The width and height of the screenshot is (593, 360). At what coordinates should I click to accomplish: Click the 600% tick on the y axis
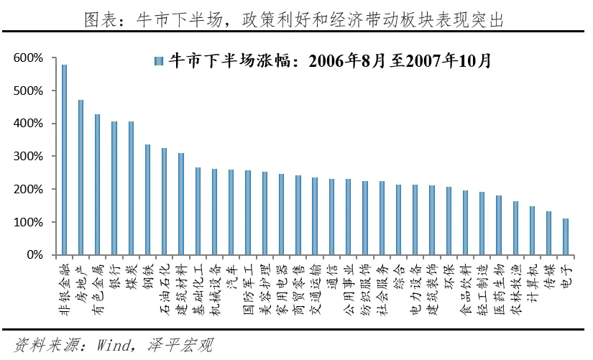(28, 57)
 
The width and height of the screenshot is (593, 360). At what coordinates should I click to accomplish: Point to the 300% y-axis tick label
(28, 157)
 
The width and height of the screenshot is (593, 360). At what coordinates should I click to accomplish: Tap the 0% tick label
(34, 255)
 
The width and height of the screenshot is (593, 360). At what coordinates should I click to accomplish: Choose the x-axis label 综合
(398, 277)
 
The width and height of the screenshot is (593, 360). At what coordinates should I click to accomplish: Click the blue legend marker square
(159, 60)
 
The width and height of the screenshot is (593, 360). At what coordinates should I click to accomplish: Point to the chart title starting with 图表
(296, 20)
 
